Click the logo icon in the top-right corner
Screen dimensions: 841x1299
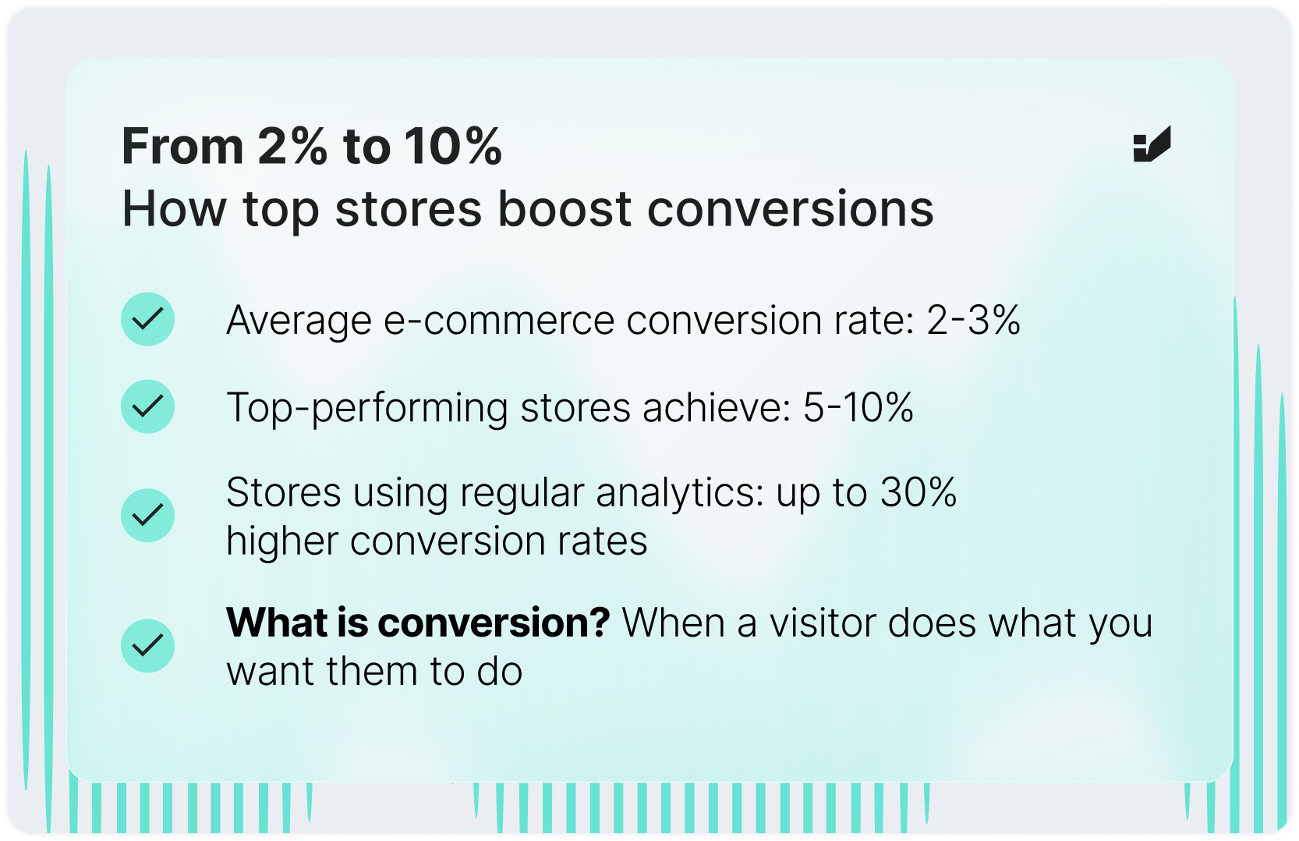(1152, 145)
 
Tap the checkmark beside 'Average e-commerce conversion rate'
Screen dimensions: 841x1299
(147, 319)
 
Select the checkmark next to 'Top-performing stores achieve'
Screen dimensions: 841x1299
(147, 406)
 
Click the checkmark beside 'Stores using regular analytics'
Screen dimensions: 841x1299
(147, 516)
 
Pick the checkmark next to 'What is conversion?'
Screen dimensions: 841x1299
(147, 646)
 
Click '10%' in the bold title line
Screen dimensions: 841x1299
(452, 147)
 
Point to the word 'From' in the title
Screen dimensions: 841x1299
(182, 147)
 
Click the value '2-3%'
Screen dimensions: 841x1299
(972, 321)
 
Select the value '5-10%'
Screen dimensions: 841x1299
(858, 408)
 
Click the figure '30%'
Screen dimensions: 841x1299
(918, 493)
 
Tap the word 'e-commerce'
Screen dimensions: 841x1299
(499, 321)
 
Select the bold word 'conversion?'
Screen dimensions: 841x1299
(493, 623)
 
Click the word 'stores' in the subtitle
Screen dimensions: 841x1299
(409, 209)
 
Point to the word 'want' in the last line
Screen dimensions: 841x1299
(270, 672)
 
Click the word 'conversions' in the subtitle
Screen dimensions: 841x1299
(790, 209)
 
